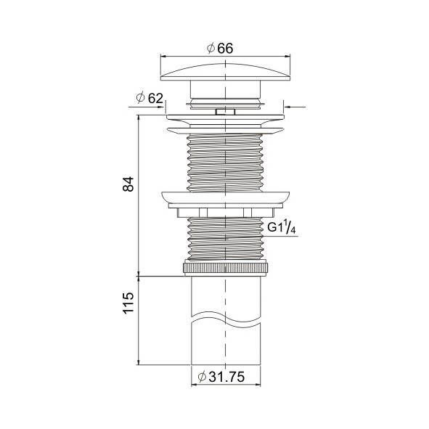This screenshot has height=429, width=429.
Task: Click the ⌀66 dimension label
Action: point(220,49)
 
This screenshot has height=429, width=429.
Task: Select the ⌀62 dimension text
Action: point(150,98)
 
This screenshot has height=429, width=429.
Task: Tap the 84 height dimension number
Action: point(128,184)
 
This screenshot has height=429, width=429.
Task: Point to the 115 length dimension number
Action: point(128,303)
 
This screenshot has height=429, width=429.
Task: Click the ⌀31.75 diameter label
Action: point(221,377)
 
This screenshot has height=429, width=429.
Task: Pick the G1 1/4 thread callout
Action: point(282,228)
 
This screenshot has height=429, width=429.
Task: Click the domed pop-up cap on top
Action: point(225,73)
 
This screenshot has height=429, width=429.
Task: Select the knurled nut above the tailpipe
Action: point(225,268)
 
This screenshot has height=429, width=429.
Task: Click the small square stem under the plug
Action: point(225,112)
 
